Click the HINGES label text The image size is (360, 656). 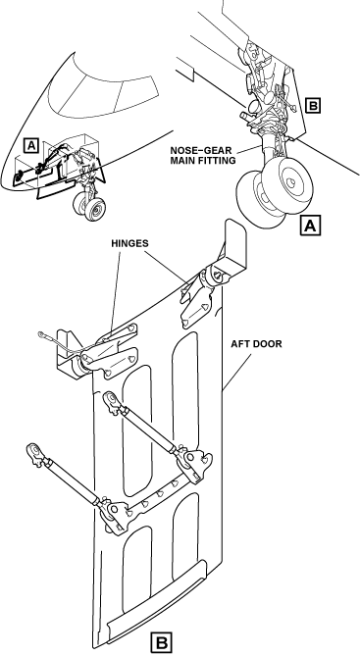click(x=129, y=243)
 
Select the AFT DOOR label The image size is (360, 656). click(x=256, y=344)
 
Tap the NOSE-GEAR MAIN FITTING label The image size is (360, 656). click(x=203, y=155)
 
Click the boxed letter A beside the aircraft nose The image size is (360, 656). click(x=31, y=145)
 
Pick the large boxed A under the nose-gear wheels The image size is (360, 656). click(x=310, y=226)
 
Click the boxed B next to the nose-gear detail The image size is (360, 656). click(x=313, y=105)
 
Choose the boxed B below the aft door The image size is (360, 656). click(x=161, y=642)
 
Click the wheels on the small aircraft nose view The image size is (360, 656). click(x=89, y=206)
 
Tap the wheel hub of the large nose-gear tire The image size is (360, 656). click(x=289, y=182)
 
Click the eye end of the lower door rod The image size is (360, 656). click(x=35, y=453)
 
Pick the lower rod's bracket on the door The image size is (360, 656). click(x=115, y=514)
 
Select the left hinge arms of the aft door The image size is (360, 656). click(x=110, y=351)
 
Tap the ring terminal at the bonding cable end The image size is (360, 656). click(x=42, y=333)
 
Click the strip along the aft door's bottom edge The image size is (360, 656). click(x=156, y=601)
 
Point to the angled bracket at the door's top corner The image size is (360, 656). click(x=231, y=248)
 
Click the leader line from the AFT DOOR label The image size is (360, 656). click(x=237, y=372)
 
